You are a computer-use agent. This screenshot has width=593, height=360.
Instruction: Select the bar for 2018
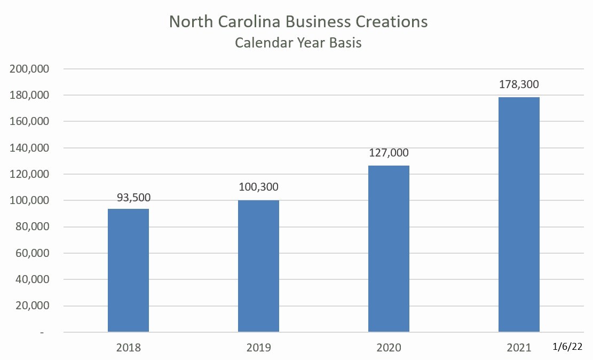(128, 270)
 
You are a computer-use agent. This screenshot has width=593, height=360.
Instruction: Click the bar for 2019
(258, 266)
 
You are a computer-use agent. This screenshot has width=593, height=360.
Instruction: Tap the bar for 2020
(389, 249)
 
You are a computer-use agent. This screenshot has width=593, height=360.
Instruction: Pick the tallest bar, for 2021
(519, 215)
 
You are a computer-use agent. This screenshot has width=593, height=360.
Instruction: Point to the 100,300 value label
(259, 187)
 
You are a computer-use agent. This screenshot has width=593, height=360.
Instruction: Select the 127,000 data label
(389, 153)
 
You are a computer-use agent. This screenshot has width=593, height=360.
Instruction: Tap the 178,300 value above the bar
(519, 84)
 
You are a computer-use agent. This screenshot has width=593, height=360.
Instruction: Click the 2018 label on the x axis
(128, 348)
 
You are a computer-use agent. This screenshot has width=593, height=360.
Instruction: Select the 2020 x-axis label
(389, 348)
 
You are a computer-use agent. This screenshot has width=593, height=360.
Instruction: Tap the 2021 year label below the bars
(519, 348)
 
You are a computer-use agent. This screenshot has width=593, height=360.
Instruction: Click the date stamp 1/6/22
(567, 347)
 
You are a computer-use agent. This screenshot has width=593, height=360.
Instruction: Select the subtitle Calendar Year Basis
(298, 43)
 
